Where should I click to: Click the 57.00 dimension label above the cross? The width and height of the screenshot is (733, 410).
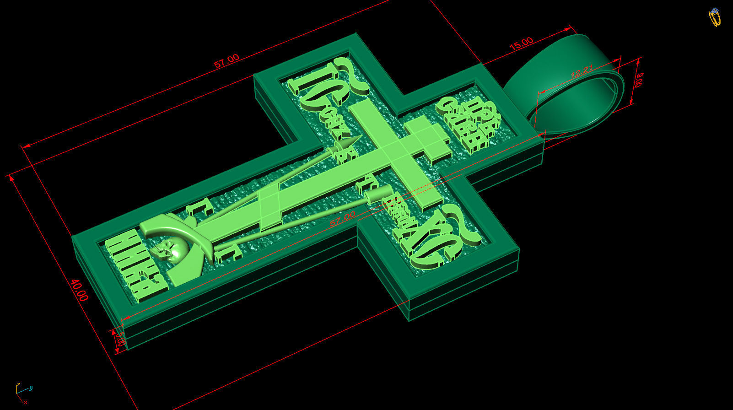pyautogui.click(x=227, y=60)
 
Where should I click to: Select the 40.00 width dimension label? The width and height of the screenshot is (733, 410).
pyautogui.click(x=79, y=290)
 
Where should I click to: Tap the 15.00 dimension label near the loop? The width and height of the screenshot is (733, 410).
pyautogui.click(x=521, y=43)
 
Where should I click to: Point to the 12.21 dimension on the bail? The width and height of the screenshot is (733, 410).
pyautogui.click(x=582, y=72)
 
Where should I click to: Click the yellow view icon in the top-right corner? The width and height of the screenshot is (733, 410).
pyautogui.click(x=714, y=17)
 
